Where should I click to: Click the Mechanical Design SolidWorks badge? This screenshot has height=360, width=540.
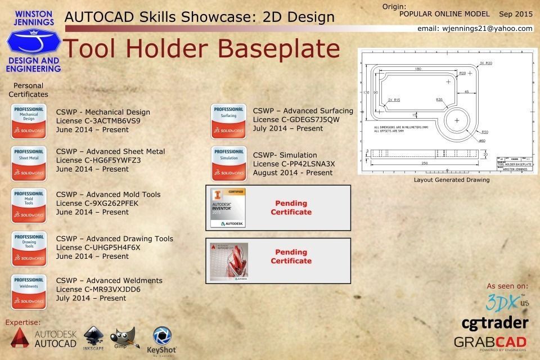click(29, 121)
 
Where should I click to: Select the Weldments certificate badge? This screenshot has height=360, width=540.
click(29, 289)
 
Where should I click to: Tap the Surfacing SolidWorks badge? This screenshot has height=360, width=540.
click(228, 121)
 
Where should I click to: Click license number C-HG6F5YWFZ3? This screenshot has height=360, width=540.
click(98, 160)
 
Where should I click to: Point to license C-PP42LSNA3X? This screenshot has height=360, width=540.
click(294, 164)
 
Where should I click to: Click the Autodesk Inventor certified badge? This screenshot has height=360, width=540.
click(228, 208)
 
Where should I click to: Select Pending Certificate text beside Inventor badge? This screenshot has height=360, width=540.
click(291, 208)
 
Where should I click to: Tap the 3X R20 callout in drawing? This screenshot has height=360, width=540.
click(485, 63)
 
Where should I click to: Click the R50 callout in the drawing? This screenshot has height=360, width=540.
click(484, 132)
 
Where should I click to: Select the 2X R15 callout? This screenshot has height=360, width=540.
click(394, 100)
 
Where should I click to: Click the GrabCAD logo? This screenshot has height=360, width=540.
click(490, 342)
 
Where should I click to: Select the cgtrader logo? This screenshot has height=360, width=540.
click(494, 323)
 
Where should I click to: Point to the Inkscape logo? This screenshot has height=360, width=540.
click(93, 338)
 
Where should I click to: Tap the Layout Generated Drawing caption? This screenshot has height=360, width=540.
click(451, 180)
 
